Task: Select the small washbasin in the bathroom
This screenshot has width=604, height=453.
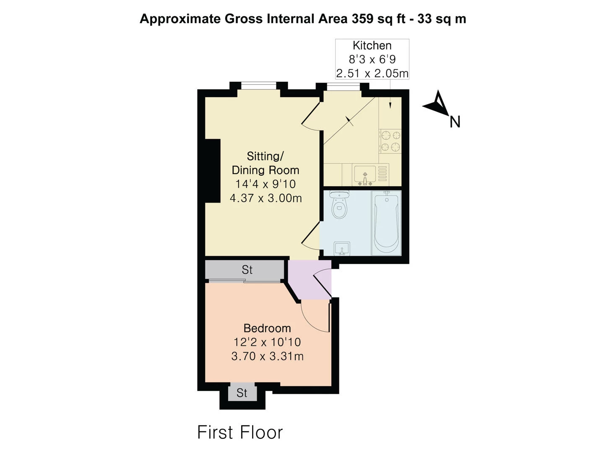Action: [x=342, y=249]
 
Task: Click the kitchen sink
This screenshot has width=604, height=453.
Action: [x=364, y=175]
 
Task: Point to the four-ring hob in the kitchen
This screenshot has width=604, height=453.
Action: [x=390, y=141]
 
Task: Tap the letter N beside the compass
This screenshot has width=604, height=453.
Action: [x=455, y=122]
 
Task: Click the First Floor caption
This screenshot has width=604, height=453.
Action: [x=240, y=432]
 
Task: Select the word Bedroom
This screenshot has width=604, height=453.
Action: [x=267, y=328]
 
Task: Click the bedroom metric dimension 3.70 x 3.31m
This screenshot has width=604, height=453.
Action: [x=267, y=356]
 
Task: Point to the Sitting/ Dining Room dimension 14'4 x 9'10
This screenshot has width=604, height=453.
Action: [x=266, y=184]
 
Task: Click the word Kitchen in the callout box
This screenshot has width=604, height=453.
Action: [x=372, y=45]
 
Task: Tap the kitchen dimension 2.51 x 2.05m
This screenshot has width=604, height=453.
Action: [x=372, y=73]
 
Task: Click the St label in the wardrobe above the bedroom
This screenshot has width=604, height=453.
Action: [x=247, y=270]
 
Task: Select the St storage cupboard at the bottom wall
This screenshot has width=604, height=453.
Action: [x=242, y=393]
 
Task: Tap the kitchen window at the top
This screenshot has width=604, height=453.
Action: [x=343, y=87]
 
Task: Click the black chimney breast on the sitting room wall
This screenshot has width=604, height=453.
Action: [x=213, y=171]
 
